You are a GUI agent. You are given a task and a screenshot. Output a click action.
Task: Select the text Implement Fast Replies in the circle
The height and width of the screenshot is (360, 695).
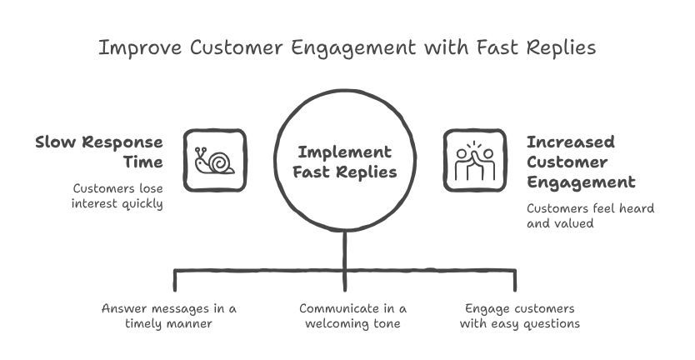[x=345, y=162]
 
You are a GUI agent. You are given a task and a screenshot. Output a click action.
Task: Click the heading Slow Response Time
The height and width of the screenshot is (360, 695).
[x=99, y=151]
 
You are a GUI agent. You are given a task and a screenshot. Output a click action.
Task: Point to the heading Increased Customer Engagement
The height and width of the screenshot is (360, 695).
[x=580, y=161]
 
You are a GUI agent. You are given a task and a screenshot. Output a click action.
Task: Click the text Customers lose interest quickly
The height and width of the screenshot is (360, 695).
[x=116, y=195]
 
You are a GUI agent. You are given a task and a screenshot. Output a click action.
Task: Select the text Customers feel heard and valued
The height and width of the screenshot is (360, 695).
[x=590, y=216]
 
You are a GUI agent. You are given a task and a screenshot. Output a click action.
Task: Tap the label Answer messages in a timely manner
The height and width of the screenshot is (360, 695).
[x=168, y=315]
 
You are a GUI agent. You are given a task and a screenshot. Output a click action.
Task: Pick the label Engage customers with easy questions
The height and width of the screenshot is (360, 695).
[x=519, y=315]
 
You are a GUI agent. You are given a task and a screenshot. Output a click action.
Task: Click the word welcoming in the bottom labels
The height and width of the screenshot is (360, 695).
[x=336, y=323]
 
